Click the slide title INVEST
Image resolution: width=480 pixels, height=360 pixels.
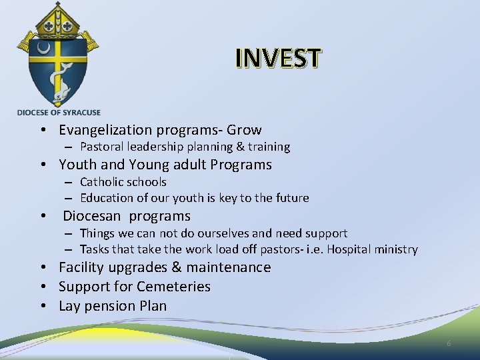[x=278, y=59]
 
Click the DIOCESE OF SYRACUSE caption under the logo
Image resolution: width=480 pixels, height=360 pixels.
[x=59, y=112]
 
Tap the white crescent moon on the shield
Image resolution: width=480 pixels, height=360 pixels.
[x=45, y=49]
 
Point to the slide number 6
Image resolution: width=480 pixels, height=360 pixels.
[x=449, y=343]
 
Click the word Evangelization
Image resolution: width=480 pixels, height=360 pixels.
[x=107, y=130]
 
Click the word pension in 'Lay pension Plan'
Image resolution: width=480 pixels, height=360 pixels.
[x=109, y=306]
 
